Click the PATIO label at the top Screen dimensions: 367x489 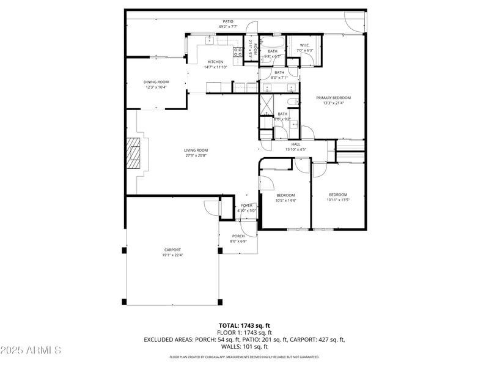(227, 21)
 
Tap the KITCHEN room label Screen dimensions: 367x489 (215, 62)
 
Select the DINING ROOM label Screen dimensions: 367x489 (156, 82)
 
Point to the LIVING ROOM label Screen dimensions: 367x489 (196, 150)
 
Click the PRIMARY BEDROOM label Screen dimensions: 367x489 (333, 98)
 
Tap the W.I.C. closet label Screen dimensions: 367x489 (304, 46)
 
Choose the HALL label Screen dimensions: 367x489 (295, 144)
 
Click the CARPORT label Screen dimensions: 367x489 (172, 250)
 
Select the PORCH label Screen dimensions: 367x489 (238, 236)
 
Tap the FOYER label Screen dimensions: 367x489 (246, 206)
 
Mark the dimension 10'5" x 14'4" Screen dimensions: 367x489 (285, 201)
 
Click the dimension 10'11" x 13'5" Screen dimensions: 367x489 (337, 199)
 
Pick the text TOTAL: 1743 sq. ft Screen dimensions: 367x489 (244, 325)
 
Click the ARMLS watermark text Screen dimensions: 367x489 (31, 350)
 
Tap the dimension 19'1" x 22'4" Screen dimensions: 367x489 (172, 255)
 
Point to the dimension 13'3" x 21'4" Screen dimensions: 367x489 (333, 103)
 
